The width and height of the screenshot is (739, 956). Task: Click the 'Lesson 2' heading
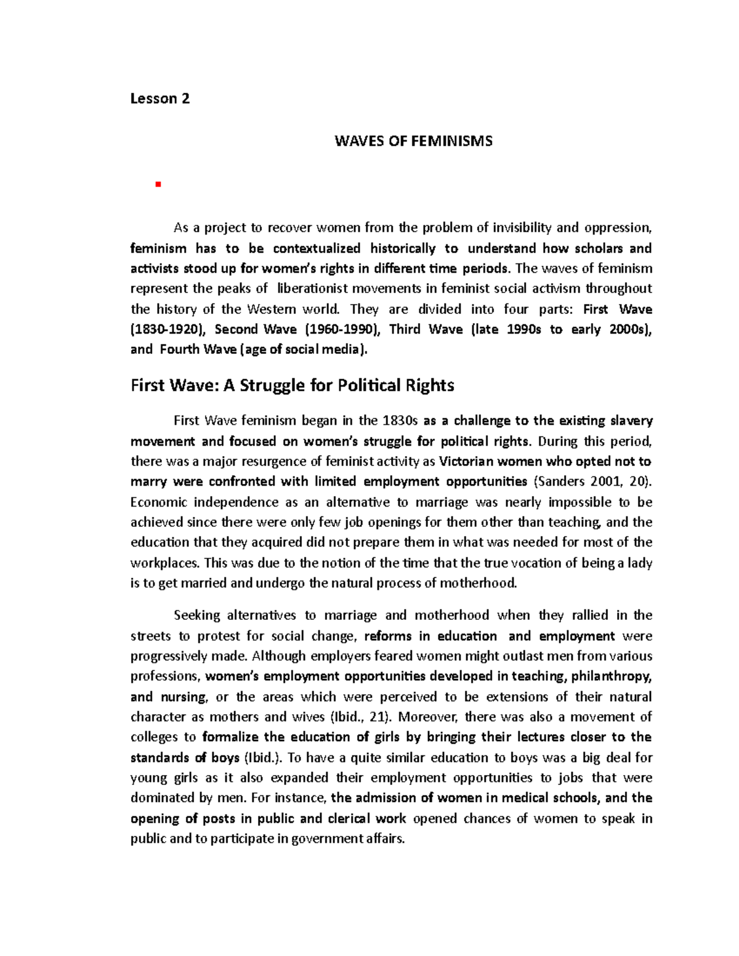[160, 98]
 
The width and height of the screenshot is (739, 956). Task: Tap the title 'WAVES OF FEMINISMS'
[413, 141]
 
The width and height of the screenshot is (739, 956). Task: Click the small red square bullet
[158, 184]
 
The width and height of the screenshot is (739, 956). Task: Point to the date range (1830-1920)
[167, 329]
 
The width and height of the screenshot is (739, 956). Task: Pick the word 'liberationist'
[321, 289]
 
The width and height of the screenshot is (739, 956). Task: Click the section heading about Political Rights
[293, 385]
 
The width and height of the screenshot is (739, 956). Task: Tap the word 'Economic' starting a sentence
[156, 502]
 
